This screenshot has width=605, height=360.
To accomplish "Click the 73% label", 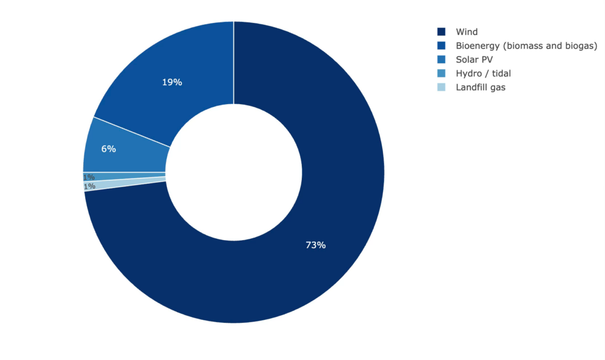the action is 315,245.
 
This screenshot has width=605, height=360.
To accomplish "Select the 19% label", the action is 172,82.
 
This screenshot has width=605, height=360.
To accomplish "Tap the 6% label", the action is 109,149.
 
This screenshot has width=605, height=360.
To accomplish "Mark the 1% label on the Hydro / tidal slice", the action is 89,177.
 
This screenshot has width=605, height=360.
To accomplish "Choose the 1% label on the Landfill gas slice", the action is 90,186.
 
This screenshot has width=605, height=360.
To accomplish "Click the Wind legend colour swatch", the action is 441,32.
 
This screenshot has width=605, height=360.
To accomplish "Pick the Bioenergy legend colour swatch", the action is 441,46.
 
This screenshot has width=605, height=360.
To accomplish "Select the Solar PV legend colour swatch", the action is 441,60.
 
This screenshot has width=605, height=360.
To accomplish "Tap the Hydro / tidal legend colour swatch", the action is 441,73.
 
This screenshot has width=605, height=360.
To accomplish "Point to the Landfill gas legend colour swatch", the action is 441,87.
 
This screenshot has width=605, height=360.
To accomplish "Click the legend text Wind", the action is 467,32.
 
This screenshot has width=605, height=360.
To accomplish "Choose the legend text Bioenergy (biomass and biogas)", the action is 526,46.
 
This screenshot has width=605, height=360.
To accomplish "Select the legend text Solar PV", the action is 474,60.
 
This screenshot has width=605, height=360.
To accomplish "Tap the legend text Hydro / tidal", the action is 483,73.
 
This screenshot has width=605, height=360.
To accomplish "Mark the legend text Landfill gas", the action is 481,87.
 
